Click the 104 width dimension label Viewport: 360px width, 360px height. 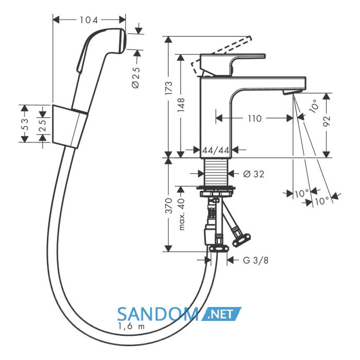click(89, 20)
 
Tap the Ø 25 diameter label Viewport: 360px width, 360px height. click(136, 78)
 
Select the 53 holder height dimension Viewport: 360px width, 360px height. click(25, 124)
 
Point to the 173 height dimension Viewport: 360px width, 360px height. click(169, 88)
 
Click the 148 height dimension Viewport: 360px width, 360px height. click(181, 105)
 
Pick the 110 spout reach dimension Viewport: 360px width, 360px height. click(255, 118)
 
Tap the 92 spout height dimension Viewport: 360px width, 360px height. click(327, 121)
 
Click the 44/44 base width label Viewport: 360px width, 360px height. click(216, 150)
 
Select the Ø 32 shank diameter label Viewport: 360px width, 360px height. click(254, 174)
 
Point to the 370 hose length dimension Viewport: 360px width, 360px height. click(169, 206)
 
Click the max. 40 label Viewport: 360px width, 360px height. click(181, 214)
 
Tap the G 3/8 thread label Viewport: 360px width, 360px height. click(256, 260)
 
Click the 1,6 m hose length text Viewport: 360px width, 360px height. click(131, 326)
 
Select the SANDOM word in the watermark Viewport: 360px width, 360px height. click(158, 314)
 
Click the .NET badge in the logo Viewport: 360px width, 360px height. click(221, 314)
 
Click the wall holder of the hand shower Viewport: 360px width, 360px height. click(70, 127)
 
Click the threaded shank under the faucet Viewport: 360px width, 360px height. click(216, 172)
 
